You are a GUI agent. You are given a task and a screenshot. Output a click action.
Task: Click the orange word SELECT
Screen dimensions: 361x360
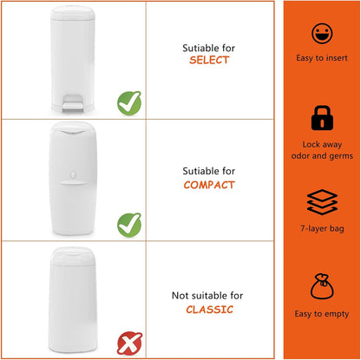point(209,60)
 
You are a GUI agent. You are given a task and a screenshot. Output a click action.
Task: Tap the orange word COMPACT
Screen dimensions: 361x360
point(209,185)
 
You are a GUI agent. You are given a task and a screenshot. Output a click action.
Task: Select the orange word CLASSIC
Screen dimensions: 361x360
point(209,310)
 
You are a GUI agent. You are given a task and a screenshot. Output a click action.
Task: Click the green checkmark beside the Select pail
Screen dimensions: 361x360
point(129,103)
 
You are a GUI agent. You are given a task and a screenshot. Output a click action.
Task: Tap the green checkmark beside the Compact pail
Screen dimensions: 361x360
point(129,225)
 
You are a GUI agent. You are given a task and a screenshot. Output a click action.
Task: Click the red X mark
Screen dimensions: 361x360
point(129,344)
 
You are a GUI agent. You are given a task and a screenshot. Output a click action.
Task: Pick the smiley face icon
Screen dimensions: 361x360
point(322,34)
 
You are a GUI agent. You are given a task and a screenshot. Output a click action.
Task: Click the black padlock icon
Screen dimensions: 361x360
point(322,118)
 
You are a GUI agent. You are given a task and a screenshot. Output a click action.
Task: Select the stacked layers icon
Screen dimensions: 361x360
point(322,202)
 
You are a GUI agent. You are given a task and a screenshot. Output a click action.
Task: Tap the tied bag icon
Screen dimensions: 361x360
point(322,286)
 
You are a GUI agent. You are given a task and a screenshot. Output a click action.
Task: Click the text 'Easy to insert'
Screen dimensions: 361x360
point(322,58)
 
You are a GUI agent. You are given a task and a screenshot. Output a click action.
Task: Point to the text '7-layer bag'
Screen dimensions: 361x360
point(322,229)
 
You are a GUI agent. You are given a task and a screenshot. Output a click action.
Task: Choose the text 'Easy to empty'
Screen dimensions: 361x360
point(322,314)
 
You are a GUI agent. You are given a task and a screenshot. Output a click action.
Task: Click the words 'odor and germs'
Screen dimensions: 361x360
point(322,156)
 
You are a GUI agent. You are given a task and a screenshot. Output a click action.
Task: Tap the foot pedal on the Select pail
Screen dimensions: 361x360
point(73,103)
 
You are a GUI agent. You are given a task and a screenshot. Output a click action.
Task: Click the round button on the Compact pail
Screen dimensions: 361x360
point(73,174)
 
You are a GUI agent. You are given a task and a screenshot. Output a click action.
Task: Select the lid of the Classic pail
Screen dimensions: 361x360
point(73,256)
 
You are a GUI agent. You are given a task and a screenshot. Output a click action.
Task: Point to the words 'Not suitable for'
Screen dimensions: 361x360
point(207,296)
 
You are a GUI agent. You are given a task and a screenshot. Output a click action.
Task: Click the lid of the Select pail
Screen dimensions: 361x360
point(73,13)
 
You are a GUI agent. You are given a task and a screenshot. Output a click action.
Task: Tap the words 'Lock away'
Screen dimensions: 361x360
point(322,144)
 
